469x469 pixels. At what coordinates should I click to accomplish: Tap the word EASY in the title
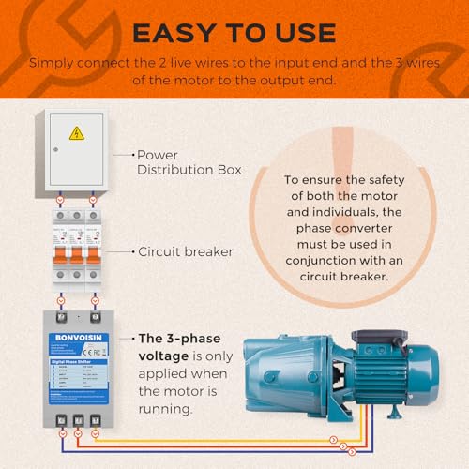coord(172,33)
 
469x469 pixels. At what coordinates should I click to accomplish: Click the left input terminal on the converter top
coord(61,302)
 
